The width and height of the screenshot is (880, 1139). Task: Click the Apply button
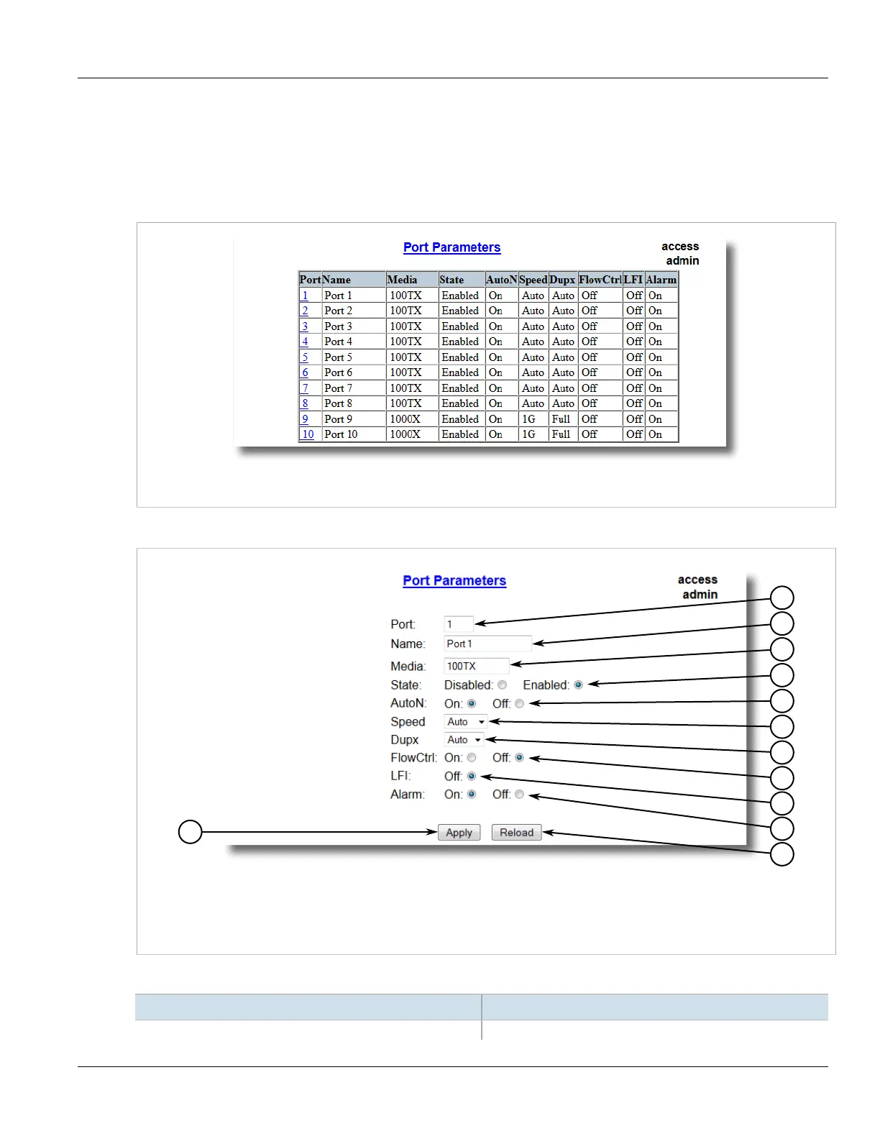459,833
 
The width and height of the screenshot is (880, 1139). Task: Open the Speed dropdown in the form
466,722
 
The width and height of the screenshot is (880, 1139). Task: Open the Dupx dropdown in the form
464,740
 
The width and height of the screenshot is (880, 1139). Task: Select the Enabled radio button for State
578,685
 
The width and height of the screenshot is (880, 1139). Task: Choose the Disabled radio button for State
503,685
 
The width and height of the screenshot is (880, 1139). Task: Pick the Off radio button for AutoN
519,704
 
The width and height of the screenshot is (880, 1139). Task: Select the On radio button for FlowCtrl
472,758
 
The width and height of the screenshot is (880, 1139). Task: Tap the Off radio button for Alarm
519,795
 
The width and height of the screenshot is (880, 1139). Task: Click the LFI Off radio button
472,777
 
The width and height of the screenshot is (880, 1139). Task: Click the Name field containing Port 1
487,644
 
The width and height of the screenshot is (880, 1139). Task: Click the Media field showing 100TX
476,666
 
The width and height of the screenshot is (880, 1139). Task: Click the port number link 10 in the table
308,434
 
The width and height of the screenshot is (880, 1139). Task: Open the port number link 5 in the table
305,357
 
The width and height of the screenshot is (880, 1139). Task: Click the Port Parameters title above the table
452,247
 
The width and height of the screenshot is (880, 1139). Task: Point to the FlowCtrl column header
600,280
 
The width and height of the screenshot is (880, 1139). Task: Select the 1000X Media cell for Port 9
405,419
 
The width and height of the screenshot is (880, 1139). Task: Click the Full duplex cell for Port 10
561,434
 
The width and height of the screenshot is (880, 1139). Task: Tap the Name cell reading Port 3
338,326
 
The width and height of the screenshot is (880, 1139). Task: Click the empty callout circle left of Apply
190,832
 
